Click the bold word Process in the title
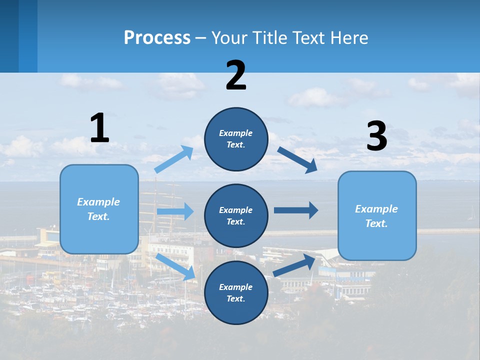(x=157, y=38)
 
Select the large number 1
(x=99, y=128)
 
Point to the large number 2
(x=236, y=75)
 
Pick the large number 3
(x=376, y=136)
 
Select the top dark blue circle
(x=236, y=139)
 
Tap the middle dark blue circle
(x=236, y=215)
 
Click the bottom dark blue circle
(x=236, y=292)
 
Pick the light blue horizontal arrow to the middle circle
(x=175, y=211)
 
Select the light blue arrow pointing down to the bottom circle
(x=175, y=266)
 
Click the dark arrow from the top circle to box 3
(x=297, y=159)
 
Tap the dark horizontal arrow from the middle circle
(x=296, y=210)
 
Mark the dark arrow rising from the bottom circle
(x=294, y=265)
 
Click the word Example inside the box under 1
(x=98, y=202)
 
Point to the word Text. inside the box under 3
(x=376, y=223)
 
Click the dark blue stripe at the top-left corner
(x=18, y=36)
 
